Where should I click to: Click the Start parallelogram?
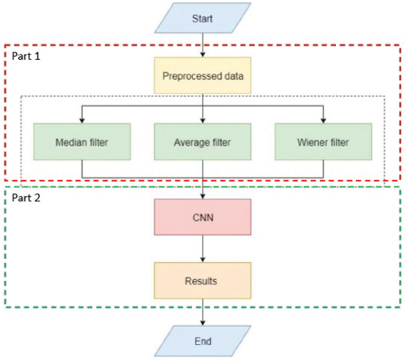(203, 18)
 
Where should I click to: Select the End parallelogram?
(203, 341)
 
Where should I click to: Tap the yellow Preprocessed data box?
(203, 76)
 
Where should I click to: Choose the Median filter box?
(82, 142)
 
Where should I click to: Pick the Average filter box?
(203, 142)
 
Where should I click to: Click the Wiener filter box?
(323, 142)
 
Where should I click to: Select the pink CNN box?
(203, 217)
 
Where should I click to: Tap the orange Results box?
(203, 280)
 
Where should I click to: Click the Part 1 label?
(26, 56)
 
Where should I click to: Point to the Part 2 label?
(26, 198)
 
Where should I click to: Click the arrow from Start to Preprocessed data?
(203, 45)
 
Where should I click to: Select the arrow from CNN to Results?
(203, 248)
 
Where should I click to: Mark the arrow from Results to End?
(203, 312)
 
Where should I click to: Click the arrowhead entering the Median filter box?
(82, 121)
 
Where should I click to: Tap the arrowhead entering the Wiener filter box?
(323, 121)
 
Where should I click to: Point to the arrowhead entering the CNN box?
(203, 197)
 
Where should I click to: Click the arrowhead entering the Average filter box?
(203, 121)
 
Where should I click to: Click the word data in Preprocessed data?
(234, 76)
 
